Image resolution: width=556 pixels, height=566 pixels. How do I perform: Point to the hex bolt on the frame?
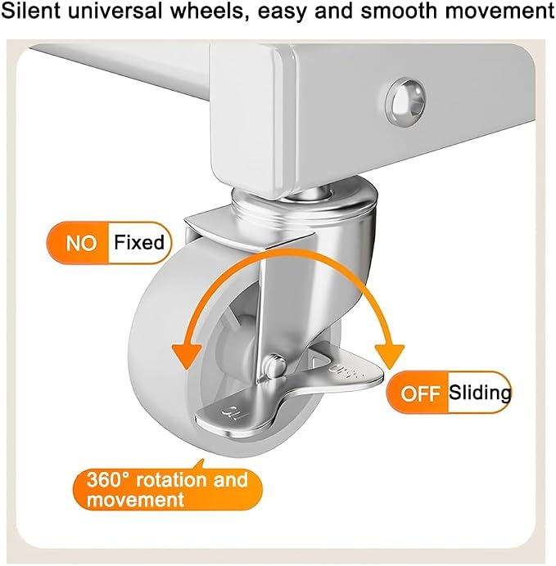[405, 101]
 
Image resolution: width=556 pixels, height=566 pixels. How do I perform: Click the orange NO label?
[81, 243]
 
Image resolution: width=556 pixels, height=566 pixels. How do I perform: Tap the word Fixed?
[139, 242]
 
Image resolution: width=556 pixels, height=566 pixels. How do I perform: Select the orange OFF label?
[421, 393]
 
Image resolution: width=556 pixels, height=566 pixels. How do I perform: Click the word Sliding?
[480, 393]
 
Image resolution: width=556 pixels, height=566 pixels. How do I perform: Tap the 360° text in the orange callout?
[107, 480]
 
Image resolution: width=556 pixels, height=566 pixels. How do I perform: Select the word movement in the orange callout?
[135, 501]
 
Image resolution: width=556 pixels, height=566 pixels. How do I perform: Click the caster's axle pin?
[276, 366]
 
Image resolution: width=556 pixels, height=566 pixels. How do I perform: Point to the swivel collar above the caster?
[304, 204]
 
